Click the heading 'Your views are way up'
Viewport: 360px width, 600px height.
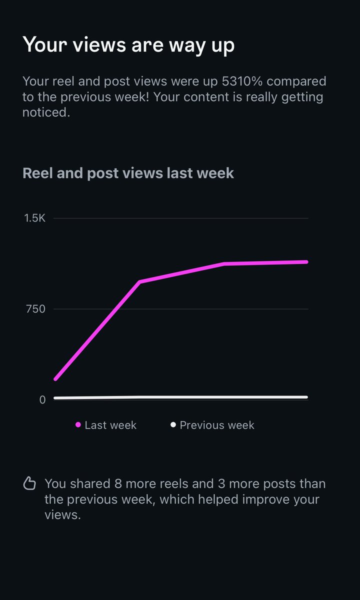[128, 45]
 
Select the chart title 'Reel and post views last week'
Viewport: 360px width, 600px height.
[128, 173]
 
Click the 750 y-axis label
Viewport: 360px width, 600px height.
[35, 309]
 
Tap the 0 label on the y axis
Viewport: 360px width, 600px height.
[42, 400]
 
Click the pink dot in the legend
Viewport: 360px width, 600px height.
[78, 425]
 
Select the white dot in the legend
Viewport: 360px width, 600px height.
[173, 425]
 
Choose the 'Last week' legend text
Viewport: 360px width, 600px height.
[110, 425]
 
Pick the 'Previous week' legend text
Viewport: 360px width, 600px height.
[217, 425]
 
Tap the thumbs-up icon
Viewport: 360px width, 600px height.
[30, 483]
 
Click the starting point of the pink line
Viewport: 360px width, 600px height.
[55, 379]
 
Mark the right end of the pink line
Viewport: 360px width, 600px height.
[306, 261]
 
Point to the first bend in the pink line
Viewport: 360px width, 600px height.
[140, 281]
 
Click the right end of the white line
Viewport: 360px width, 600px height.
[306, 397]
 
